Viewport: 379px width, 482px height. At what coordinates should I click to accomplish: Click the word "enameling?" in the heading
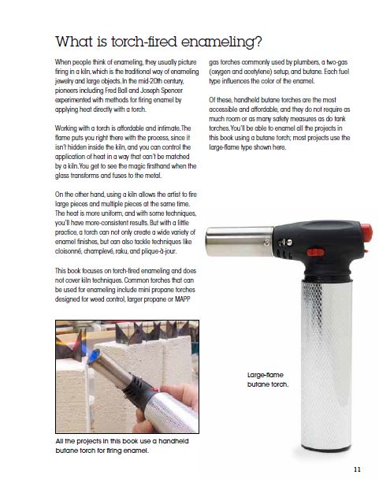[x=221, y=42]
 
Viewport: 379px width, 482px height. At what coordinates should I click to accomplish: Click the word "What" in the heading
[x=74, y=41]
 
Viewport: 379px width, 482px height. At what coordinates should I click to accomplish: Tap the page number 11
[x=357, y=469]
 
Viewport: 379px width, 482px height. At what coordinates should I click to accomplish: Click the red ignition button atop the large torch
[x=366, y=232]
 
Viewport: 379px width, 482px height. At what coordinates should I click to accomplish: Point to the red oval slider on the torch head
[x=315, y=253]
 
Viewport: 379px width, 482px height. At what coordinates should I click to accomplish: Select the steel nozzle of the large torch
[x=240, y=241]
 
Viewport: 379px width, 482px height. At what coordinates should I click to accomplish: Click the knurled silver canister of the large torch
[x=326, y=365]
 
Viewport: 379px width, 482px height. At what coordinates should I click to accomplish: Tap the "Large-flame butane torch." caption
[x=268, y=380]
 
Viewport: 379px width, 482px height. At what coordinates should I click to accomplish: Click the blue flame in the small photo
[x=94, y=357]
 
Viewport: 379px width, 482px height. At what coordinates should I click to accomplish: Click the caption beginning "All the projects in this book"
[x=122, y=446]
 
